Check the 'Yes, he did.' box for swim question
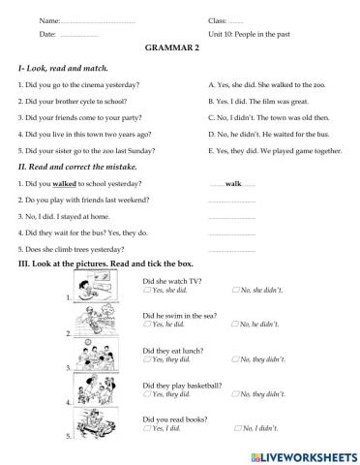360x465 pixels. click(145, 324)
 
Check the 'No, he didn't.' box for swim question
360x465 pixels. click(236, 324)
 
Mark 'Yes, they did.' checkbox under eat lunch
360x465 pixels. click(145, 359)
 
